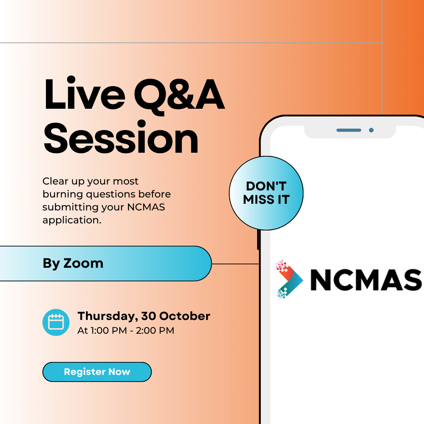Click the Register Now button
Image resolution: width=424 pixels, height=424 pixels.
pyautogui.click(x=97, y=372)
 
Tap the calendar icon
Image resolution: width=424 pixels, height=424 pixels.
pyautogui.click(x=56, y=322)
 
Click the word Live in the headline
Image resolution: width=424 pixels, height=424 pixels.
pyautogui.click(x=85, y=93)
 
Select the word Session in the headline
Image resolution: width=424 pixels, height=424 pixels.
pyautogui.click(x=121, y=137)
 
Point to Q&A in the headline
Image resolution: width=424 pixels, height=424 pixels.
pyautogui.click(x=179, y=96)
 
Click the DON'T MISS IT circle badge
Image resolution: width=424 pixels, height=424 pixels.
pyautogui.click(x=266, y=193)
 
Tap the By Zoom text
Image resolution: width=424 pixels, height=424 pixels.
pyautogui.click(x=73, y=263)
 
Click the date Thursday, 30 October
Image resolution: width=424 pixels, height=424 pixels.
pyautogui.click(x=144, y=316)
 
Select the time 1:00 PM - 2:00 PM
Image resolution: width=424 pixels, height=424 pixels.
pyautogui.click(x=132, y=331)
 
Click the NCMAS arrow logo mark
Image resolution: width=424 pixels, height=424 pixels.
pyautogui.click(x=289, y=280)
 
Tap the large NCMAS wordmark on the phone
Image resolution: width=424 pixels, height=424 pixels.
pyautogui.click(x=366, y=280)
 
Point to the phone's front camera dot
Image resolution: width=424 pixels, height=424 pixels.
pyautogui.click(x=371, y=130)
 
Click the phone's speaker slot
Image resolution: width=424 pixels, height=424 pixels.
pyautogui.click(x=349, y=130)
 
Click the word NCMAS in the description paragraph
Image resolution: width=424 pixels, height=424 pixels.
pyautogui.click(x=146, y=207)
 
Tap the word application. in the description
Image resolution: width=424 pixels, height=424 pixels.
pyautogui.click(x=72, y=221)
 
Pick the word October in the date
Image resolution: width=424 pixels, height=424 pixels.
pyautogui.click(x=185, y=316)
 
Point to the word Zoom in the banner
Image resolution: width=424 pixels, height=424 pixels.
pyautogui.click(x=83, y=263)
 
